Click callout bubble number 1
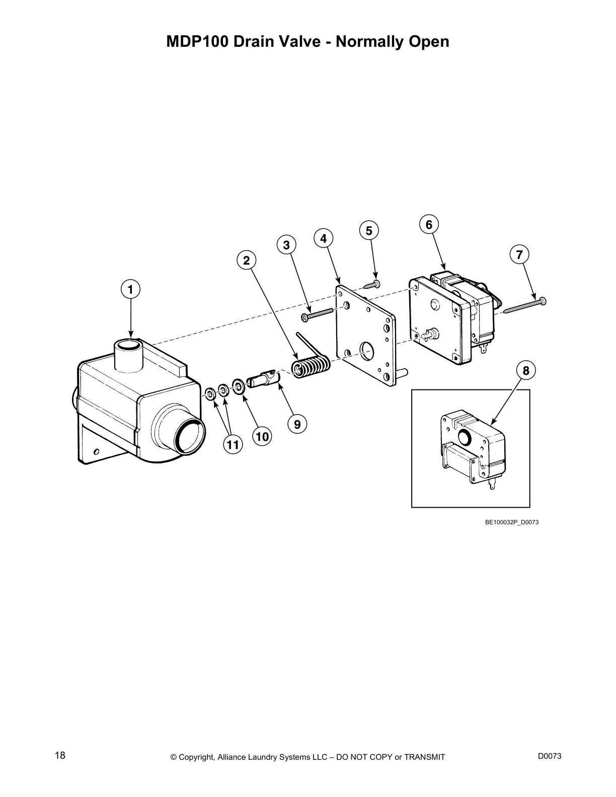[x=130, y=290]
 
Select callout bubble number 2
[x=247, y=260]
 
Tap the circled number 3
[x=286, y=246]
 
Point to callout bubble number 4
[x=323, y=238]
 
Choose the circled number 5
[x=369, y=231]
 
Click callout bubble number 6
[x=429, y=224]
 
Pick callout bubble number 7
[x=519, y=254]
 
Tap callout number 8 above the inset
[x=526, y=371]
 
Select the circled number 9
[x=297, y=424]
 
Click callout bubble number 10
[x=262, y=437]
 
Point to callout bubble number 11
[x=232, y=445]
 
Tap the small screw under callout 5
[x=373, y=284]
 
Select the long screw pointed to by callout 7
[x=523, y=305]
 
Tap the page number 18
[x=60, y=755]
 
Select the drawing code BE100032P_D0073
[x=511, y=522]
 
